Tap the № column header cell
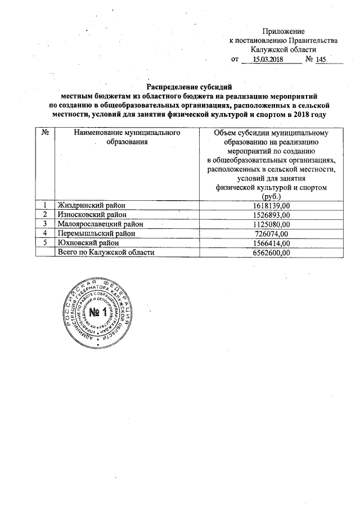click(x=44, y=133)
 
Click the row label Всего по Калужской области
click(x=106, y=253)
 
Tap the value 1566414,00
click(x=272, y=243)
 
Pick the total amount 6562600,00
click(x=272, y=253)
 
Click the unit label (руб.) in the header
click(x=272, y=197)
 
